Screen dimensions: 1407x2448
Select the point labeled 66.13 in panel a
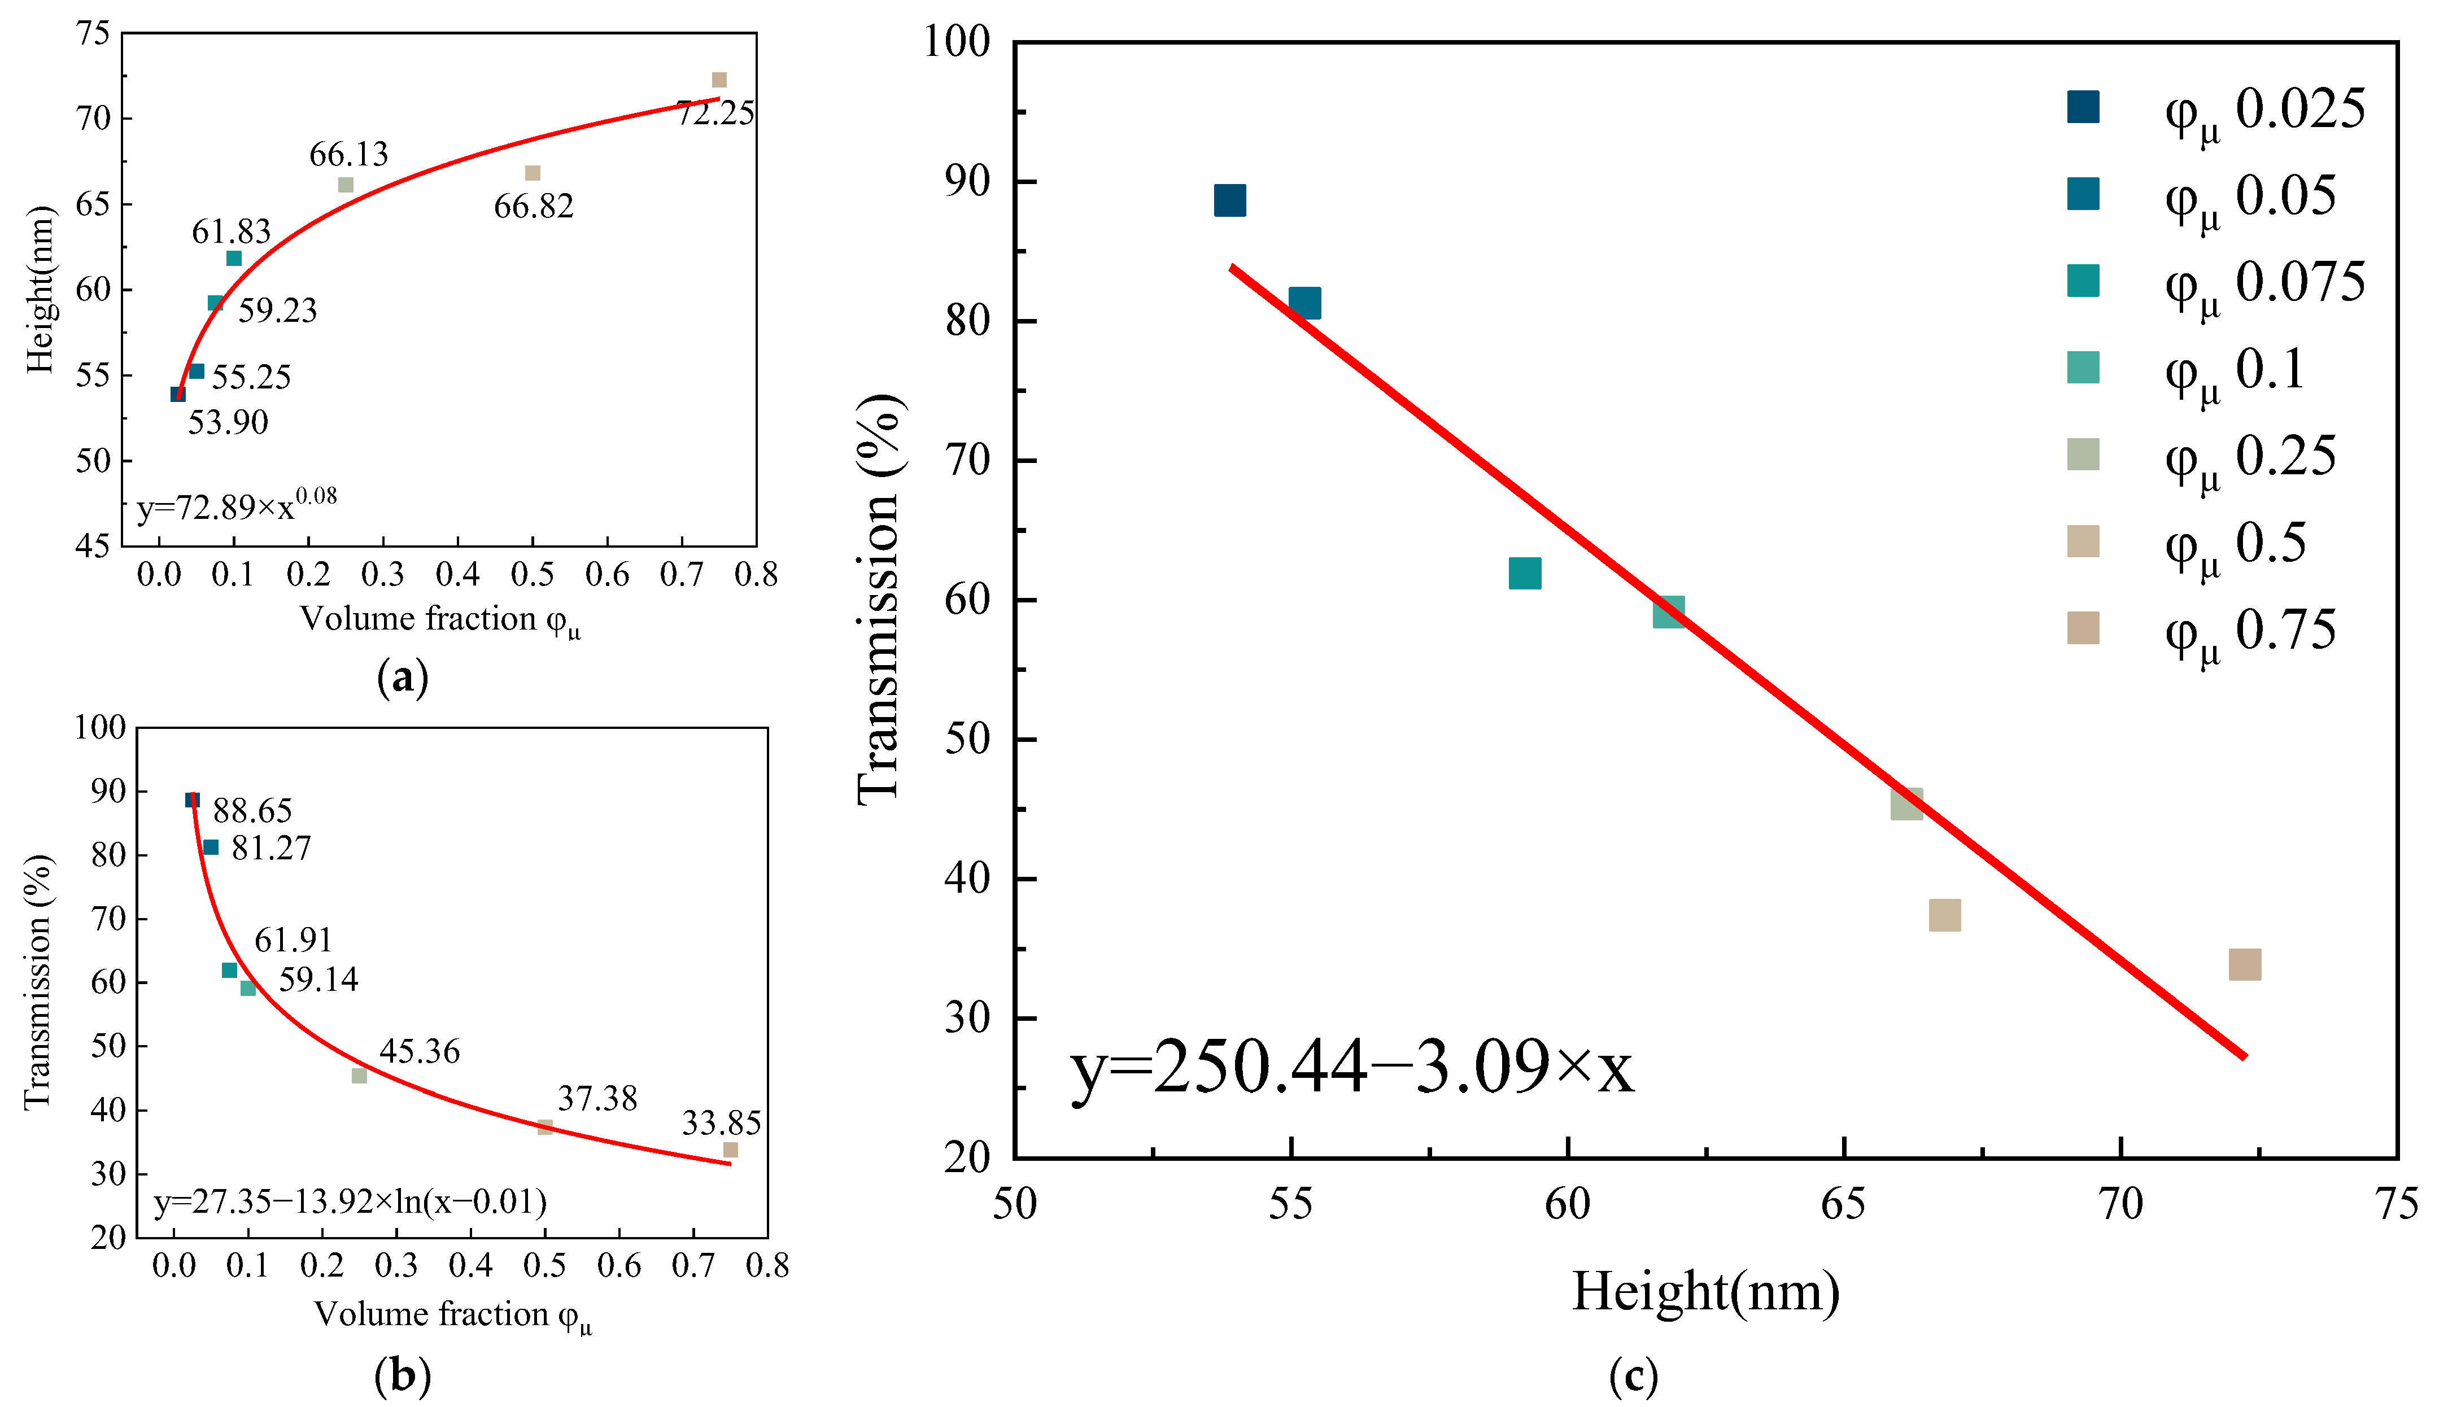click(x=345, y=185)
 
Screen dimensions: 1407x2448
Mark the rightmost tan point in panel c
click(x=2244, y=964)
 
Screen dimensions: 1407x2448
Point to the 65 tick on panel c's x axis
click(x=1843, y=1204)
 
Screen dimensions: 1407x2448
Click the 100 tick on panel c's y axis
click(x=957, y=42)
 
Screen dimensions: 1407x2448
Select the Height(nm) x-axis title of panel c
click(x=1706, y=1291)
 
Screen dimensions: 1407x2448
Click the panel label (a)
click(x=402, y=678)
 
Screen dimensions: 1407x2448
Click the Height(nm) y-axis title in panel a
click(x=41, y=289)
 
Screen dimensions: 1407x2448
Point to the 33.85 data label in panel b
click(x=721, y=1123)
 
